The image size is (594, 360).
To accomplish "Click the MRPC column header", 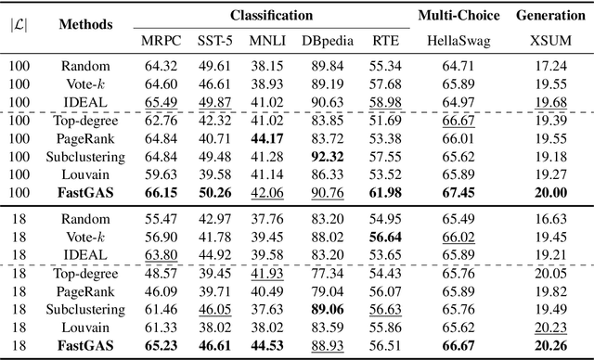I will (x=157, y=41).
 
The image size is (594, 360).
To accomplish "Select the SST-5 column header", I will (x=213, y=41).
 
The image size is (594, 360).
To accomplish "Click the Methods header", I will (x=86, y=25).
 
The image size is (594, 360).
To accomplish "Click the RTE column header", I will (x=381, y=41).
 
